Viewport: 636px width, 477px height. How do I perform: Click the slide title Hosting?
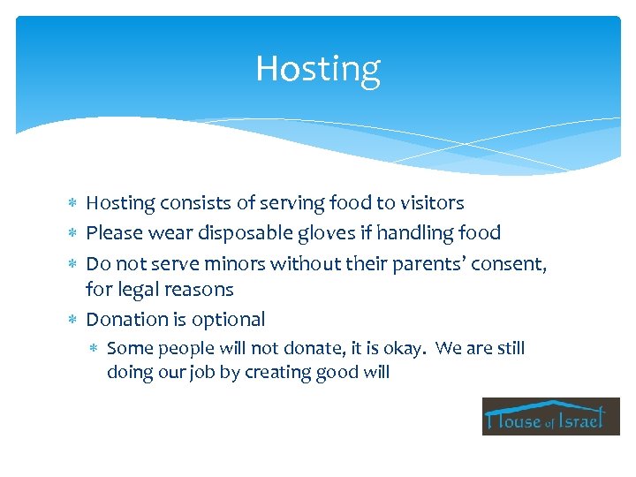pyautogui.click(x=317, y=69)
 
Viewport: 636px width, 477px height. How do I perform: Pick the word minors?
pyautogui.click(x=237, y=262)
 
